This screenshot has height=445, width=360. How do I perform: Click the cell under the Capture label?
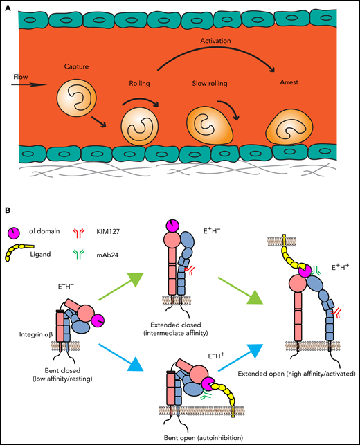(72, 98)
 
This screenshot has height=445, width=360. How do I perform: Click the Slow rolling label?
(209, 83)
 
